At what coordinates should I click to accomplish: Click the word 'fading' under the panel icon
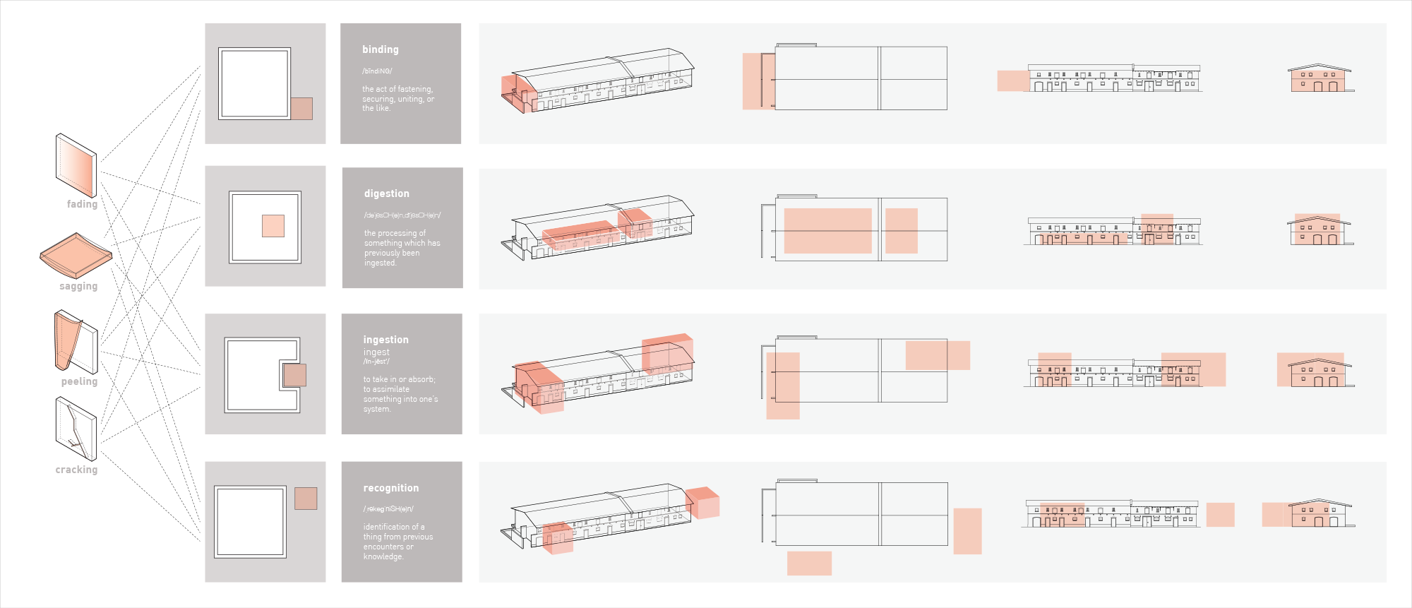tap(82, 204)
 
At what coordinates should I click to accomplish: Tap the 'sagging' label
tap(78, 286)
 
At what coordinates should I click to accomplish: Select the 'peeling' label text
tap(79, 381)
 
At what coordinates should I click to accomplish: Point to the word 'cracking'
tap(76, 470)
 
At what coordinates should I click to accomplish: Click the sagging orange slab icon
tap(76, 255)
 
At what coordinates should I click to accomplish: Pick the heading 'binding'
tap(380, 49)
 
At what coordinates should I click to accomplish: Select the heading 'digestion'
tap(386, 193)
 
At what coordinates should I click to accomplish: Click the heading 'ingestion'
tap(385, 340)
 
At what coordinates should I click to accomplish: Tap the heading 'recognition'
tap(390, 488)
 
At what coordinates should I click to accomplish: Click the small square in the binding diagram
tap(301, 109)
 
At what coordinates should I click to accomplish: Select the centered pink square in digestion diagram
tap(273, 226)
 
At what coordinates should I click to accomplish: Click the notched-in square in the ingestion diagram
tap(294, 375)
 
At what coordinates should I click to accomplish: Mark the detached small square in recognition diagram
tap(306, 499)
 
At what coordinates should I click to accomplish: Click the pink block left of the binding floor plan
tap(758, 81)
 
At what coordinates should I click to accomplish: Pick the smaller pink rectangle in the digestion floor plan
tap(902, 231)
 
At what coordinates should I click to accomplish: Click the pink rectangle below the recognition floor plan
tap(809, 564)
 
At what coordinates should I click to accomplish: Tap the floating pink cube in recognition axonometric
tap(703, 503)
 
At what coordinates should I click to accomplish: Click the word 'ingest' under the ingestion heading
tap(376, 352)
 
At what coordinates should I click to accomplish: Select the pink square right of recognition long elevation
tap(1220, 515)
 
